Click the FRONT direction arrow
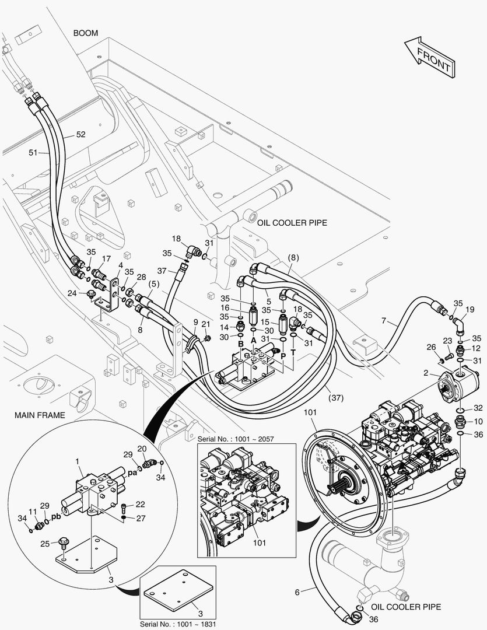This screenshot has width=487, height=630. [x=430, y=57]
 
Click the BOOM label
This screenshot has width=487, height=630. [x=86, y=33]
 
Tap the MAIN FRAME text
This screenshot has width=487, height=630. [x=40, y=415]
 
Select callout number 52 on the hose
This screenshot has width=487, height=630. [x=80, y=134]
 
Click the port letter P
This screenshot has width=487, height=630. [x=283, y=355]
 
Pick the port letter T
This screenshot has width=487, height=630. [x=293, y=352]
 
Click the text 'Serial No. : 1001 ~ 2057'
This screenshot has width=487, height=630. [x=236, y=439]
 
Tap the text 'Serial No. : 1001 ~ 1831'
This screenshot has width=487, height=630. [x=178, y=624]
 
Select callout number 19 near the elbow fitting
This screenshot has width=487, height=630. [x=470, y=309]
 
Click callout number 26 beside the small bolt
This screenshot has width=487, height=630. [x=431, y=346]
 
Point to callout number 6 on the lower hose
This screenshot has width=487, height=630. [x=297, y=592]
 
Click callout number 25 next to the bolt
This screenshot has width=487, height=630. [x=45, y=544]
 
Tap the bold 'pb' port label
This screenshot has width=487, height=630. [x=56, y=517]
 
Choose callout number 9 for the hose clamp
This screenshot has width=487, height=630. [x=196, y=322]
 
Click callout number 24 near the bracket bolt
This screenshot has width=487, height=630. [x=72, y=293]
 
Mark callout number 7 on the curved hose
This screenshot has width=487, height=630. [x=384, y=321]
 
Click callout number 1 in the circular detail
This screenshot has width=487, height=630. [x=78, y=462]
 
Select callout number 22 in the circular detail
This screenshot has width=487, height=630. [x=140, y=504]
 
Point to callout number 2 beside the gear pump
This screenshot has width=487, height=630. [x=426, y=373]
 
